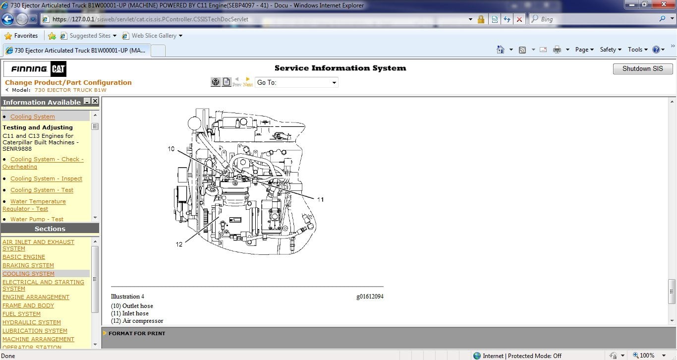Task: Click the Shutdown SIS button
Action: [642, 69]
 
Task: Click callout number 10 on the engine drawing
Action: [171, 149]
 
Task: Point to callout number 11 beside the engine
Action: [320, 199]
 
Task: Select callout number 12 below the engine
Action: [179, 244]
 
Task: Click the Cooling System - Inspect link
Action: [46, 179]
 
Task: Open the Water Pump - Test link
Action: [37, 219]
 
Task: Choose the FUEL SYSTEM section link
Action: [22, 314]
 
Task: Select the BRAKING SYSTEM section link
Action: [28, 265]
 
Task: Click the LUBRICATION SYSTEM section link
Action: [35, 331]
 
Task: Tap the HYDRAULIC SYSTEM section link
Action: [32, 322]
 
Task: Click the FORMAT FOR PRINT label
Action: [137, 333]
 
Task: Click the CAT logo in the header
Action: [58, 69]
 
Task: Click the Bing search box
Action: [595, 19]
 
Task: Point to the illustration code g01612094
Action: [369, 297]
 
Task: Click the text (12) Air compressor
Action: [137, 321]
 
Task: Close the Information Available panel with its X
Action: [95, 101]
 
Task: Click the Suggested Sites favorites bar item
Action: [90, 36]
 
